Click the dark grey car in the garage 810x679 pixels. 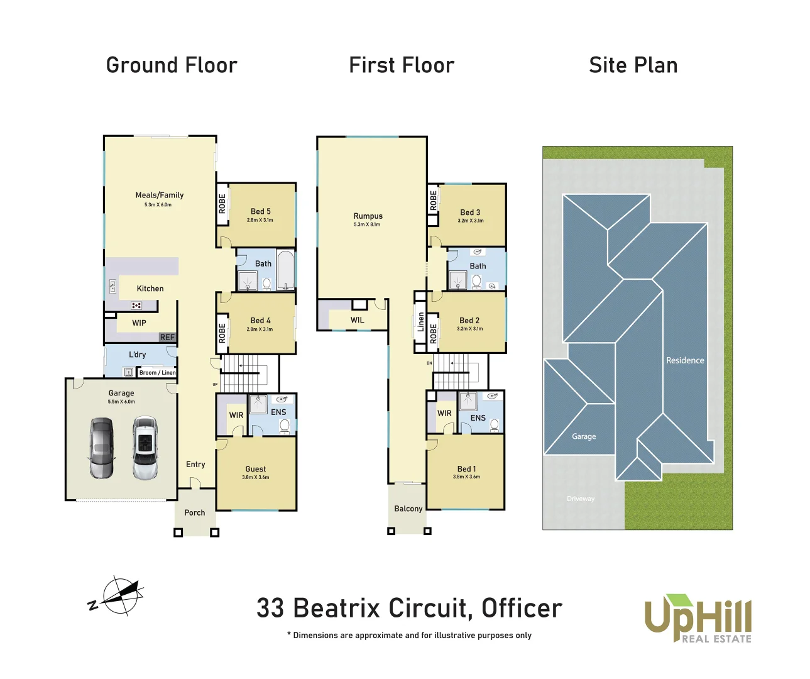pos(101,448)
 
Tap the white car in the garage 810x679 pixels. pos(145,448)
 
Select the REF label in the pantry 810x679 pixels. pos(167,338)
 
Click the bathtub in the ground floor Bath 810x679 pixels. pos(286,270)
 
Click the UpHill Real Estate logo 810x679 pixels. pos(698,619)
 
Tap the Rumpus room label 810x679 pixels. pos(368,216)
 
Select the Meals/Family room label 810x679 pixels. pos(160,196)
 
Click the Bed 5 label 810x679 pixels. pos(260,212)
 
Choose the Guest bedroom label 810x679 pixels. pos(256,469)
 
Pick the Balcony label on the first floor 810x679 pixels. pos(408,509)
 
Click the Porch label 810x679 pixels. pos(195,513)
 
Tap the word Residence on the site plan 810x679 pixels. pos(685,361)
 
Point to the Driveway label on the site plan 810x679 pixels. pos(581,499)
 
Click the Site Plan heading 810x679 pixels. pos(633,65)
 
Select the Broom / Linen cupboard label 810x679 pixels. pos(157,373)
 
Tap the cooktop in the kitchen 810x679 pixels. pos(136,306)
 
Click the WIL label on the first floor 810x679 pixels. pos(357,320)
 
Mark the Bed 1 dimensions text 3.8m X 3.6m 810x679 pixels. pos(466,477)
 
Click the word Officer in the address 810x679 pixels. pos(522,609)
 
